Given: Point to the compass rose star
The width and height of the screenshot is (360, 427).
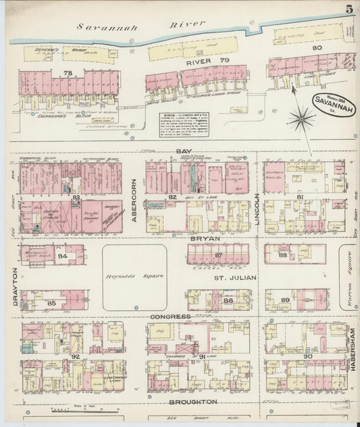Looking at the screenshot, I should click(301, 120).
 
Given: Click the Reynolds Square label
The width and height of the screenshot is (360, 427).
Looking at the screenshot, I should click(134, 277).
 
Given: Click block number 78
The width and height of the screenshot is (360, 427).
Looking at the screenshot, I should click(67, 72).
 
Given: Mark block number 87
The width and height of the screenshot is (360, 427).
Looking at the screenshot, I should click(218, 255).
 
